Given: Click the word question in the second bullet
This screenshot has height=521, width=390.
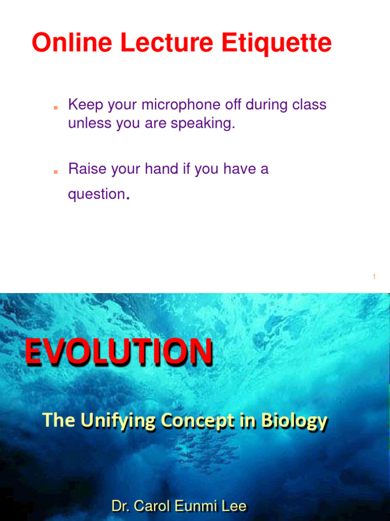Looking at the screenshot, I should point(96,194).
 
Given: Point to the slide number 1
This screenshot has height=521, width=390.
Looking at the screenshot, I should point(374,277).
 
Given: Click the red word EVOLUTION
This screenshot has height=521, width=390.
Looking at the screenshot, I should point(119,353).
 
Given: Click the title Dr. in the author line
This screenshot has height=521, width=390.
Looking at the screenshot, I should point(121,506).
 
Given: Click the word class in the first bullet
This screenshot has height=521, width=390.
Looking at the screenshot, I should point(309,105).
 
